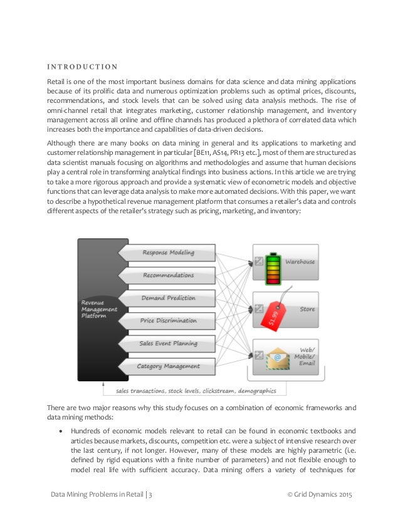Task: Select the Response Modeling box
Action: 168,253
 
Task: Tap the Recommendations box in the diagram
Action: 168,275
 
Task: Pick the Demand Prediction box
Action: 168,298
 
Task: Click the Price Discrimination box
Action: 168,320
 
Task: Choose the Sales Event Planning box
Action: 168,343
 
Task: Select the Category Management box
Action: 168,366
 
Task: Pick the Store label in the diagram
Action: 307,309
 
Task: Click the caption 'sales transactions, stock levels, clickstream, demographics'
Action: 196,391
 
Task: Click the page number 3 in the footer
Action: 150,495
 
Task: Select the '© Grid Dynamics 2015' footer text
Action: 320,495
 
